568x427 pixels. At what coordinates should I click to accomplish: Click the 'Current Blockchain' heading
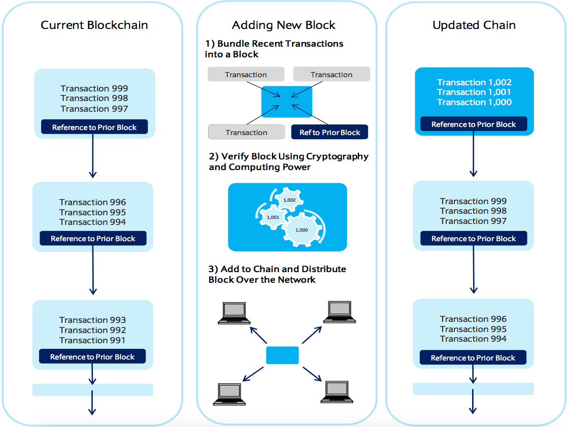coord(94,25)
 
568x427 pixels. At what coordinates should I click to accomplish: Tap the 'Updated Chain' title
coord(474,25)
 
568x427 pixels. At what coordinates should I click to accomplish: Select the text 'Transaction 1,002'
coord(474,82)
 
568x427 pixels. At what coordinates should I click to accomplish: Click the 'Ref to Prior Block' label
coord(329,133)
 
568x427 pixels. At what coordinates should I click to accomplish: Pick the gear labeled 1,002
coord(289,200)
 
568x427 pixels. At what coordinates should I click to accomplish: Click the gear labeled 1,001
coord(273,217)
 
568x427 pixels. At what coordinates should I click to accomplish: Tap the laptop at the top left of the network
coord(234,313)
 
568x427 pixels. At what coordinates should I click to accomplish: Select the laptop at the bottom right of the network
coord(337,392)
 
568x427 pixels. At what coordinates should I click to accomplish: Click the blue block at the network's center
coord(282,355)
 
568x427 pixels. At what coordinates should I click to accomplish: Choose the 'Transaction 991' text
coord(92,340)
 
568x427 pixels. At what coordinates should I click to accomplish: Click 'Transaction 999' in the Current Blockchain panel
coord(94,88)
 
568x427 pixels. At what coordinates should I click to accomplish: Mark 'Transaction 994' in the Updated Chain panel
coord(473,339)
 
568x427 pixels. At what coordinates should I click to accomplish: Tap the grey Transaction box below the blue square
coord(246,133)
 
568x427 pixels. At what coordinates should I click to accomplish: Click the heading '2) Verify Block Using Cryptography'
coord(289,156)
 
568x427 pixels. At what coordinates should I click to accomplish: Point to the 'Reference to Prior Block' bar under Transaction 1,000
coord(474,124)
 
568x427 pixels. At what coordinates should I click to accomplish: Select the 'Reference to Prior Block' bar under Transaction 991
coord(92,356)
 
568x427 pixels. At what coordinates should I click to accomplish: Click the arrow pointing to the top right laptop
coord(312,335)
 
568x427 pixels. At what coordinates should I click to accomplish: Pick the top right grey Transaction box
coord(331,74)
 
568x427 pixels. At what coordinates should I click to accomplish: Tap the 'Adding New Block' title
coord(284,25)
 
